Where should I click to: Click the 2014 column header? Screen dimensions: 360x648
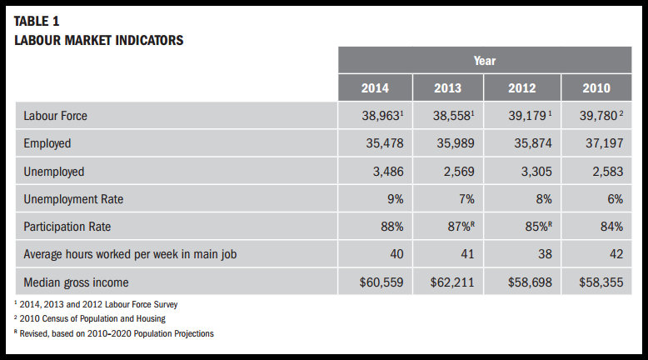click(x=374, y=88)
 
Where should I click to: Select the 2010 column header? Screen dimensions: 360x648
click(x=596, y=88)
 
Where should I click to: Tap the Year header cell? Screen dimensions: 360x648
click(x=484, y=60)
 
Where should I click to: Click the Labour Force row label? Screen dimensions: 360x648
click(x=55, y=116)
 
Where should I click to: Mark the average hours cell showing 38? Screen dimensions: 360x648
click(x=522, y=254)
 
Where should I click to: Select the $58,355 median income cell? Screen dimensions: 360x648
click(x=596, y=282)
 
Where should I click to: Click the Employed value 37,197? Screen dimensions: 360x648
click(x=596, y=143)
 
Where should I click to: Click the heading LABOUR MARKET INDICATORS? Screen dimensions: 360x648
click(x=98, y=39)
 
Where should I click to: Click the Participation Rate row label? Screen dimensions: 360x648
click(x=67, y=227)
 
